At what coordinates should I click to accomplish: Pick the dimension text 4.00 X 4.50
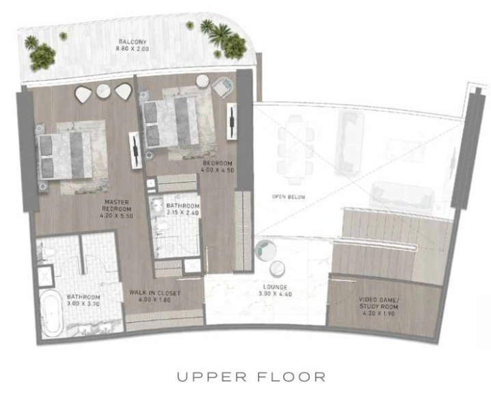point(217,172)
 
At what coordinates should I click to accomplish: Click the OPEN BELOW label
point(289,197)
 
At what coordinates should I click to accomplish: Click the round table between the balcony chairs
point(103,92)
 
